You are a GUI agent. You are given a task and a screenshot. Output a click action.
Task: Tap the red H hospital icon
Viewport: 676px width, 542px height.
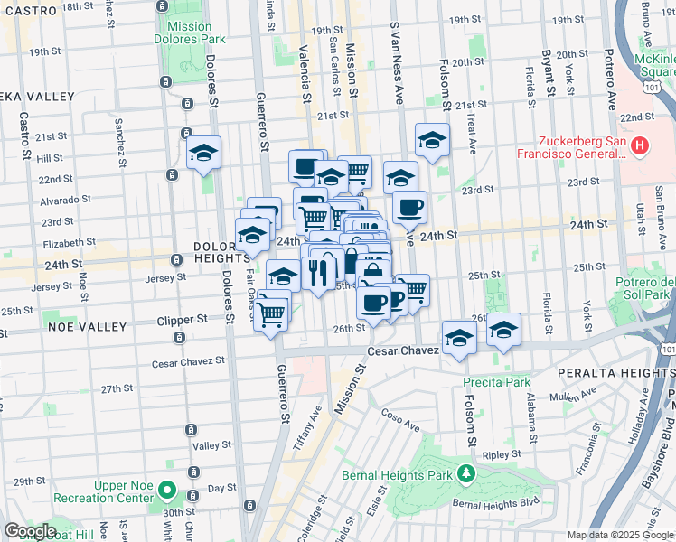click(640, 145)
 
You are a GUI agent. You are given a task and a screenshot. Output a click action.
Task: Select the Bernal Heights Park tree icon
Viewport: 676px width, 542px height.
click(466, 472)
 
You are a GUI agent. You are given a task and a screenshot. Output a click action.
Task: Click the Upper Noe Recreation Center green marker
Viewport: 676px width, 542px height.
click(166, 491)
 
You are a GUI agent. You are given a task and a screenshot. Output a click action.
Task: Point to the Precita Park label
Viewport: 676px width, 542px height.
click(496, 382)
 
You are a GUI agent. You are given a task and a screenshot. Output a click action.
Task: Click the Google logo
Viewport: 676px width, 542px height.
click(31, 531)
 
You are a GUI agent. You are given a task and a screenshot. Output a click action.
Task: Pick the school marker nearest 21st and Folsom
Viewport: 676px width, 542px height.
click(433, 140)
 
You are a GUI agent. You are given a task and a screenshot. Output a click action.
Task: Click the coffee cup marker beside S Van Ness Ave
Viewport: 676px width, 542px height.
click(409, 207)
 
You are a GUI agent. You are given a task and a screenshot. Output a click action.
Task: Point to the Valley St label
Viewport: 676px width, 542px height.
click(212, 445)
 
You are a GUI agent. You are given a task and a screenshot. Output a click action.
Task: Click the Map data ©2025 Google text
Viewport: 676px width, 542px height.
click(620, 534)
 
